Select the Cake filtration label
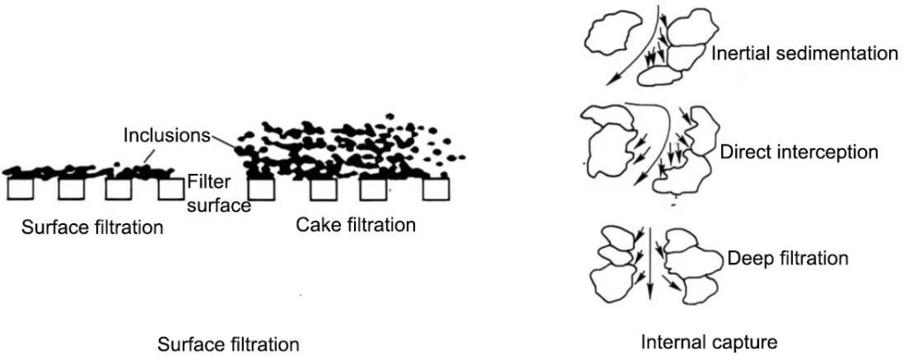tap(356, 225)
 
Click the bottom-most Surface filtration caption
tap(228, 342)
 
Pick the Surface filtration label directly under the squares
tap(93, 227)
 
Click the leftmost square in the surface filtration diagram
tap(19, 189)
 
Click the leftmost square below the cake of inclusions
tap(260, 189)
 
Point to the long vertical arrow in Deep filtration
tap(650, 265)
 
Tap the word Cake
tap(314, 225)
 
